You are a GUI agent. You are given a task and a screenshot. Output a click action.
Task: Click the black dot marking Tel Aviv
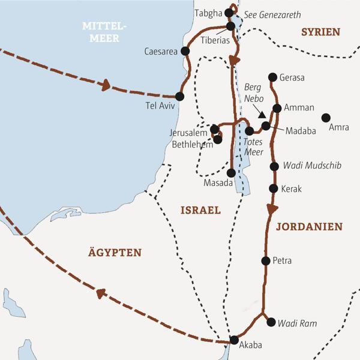click(x=179, y=96)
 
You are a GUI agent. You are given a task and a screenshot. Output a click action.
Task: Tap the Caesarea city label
click(x=161, y=52)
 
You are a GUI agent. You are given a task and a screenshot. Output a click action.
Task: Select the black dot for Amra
click(x=326, y=118)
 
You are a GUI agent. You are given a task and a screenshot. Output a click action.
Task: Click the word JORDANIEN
click(x=308, y=227)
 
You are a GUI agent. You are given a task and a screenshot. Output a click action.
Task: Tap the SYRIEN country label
click(x=320, y=32)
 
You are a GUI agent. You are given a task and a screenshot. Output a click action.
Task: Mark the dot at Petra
click(x=266, y=260)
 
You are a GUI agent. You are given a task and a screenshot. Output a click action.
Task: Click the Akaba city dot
click(x=233, y=340)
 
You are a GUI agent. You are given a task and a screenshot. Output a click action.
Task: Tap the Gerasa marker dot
click(x=273, y=77)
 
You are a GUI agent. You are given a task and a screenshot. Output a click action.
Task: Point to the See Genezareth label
click(x=277, y=15)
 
